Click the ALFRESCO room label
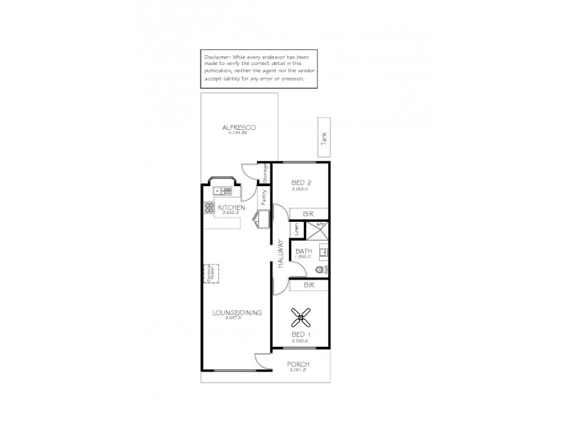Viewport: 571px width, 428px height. [x=238, y=128]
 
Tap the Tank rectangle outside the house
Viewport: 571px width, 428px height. [x=323, y=136]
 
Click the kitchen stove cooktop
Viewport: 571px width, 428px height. [x=210, y=208]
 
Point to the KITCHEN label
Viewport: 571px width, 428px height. [x=231, y=208]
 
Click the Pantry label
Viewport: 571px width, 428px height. [x=263, y=198]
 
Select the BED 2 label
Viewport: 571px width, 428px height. [x=301, y=183]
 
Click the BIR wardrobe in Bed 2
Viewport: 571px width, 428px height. [x=308, y=213]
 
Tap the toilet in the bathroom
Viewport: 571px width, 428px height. [x=320, y=269]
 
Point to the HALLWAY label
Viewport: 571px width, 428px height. [x=281, y=253]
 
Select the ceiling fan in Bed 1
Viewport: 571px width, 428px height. [x=303, y=315]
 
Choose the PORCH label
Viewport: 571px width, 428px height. [x=299, y=365]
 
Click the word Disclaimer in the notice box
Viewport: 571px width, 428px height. [x=216, y=55]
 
